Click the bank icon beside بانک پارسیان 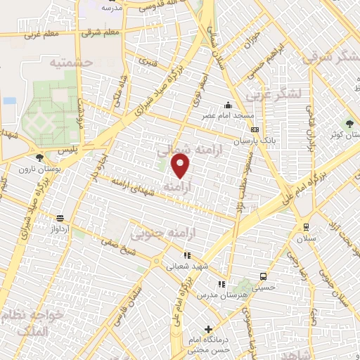point(254,130)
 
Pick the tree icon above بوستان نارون point(39,157)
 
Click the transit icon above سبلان point(306,226)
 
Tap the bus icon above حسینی point(263,276)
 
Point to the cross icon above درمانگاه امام point(208,329)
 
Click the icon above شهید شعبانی point(186,256)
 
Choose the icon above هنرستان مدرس point(221,284)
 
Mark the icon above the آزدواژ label point(60,218)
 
